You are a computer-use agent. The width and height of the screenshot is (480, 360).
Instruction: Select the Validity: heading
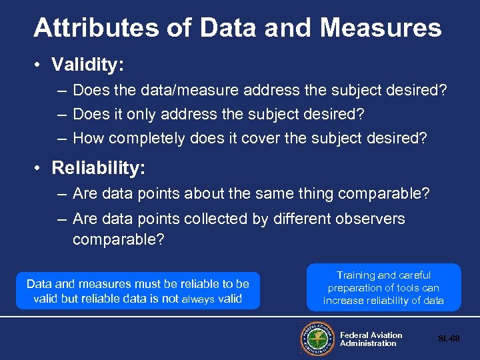pyautogui.click(x=88, y=65)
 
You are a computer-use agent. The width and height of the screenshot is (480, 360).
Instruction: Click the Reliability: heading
pyautogui.click(x=98, y=169)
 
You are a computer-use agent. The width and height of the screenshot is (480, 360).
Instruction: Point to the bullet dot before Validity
pyautogui.click(x=39, y=65)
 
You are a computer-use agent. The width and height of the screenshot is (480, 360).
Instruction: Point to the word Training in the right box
pyautogui.click(x=357, y=275)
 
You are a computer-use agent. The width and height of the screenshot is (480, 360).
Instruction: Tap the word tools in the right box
pyautogui.click(x=409, y=288)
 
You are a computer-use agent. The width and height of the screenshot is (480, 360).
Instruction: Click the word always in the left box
pyautogui.click(x=198, y=299)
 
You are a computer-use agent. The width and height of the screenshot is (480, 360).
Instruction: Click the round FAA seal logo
pyautogui.click(x=317, y=339)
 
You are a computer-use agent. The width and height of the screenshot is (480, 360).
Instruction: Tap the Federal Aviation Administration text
pyautogui.click(x=371, y=339)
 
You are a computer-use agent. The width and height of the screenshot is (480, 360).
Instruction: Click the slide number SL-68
pyautogui.click(x=448, y=339)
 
